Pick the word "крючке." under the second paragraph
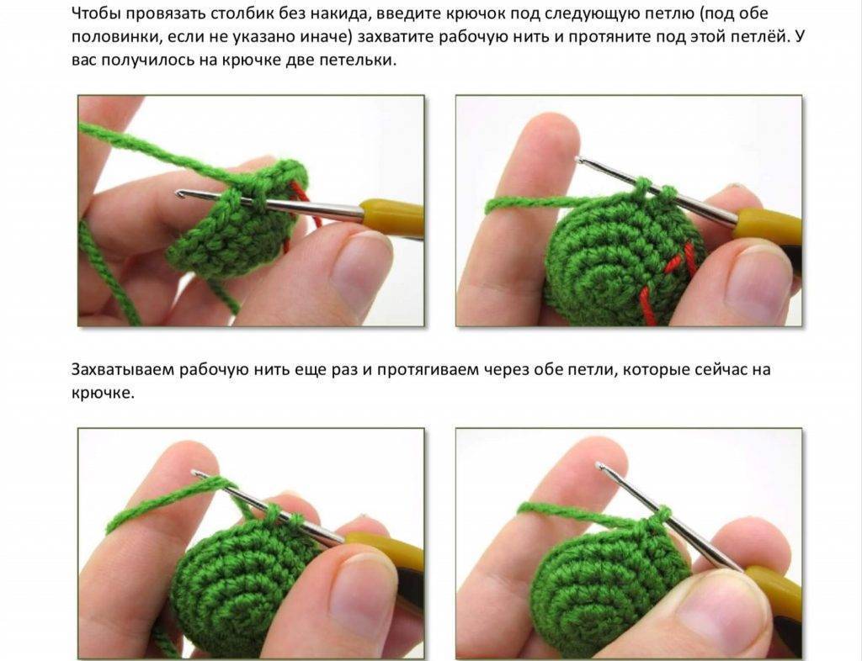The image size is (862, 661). (103, 393)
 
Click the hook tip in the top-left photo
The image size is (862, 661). (179, 193)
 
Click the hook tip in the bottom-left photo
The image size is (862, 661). (195, 473)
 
